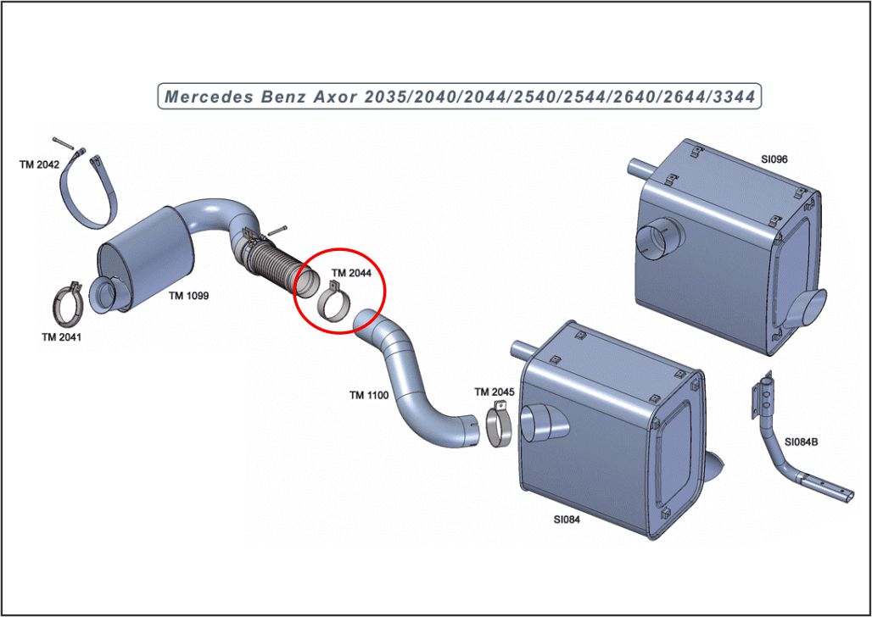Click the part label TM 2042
pos(39,164)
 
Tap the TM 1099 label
pos(188,296)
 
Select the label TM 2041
pos(61,336)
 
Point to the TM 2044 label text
pos(351,273)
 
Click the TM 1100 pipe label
pos(369,395)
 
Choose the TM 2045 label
pos(494,392)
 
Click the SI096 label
pos(780,158)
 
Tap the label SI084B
pos(802,442)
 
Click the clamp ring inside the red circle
pos(337,303)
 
